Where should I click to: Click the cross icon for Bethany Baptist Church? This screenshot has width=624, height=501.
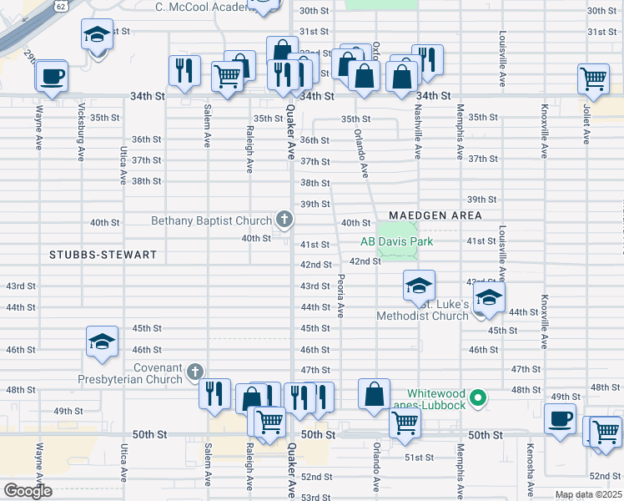pos(284,220)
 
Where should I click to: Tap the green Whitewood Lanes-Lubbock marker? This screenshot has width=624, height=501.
pos(478,398)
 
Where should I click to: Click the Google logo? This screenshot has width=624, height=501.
pos(28,490)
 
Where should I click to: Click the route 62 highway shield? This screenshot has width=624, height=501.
pos(62,5)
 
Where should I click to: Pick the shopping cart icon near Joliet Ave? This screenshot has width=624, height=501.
pos(593,79)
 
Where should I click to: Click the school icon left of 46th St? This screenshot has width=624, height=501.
pos(103,342)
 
